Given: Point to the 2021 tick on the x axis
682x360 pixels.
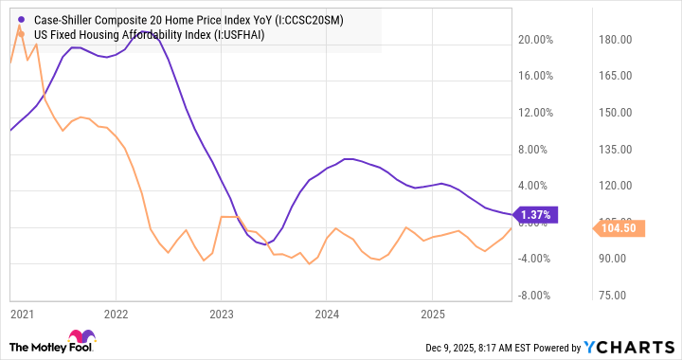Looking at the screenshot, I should click(x=21, y=313).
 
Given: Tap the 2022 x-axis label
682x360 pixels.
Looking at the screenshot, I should click(x=116, y=313).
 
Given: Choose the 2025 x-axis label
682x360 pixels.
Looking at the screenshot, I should click(x=432, y=313).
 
